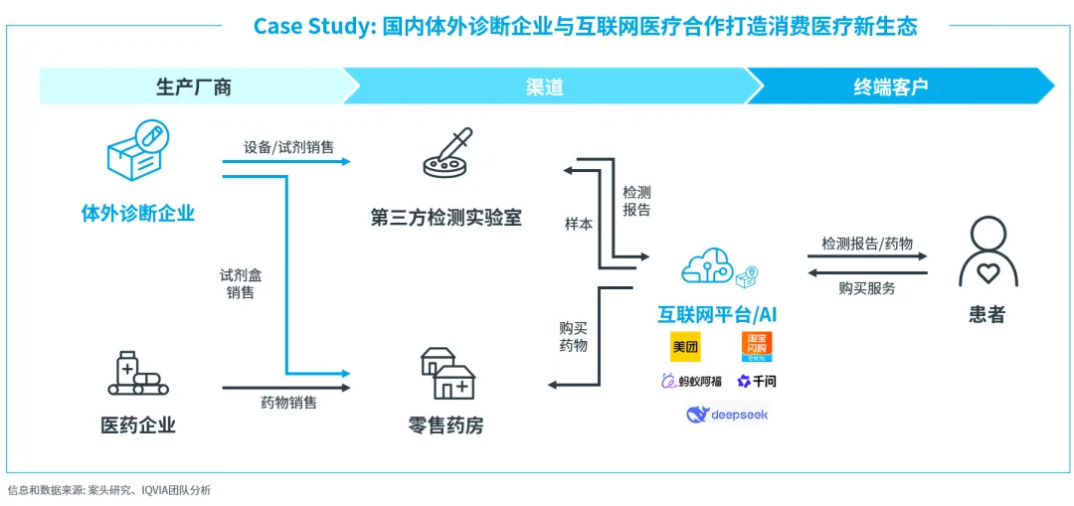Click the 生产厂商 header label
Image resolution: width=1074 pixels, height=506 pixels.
[x=194, y=86]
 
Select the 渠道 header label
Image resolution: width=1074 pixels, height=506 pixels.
[x=544, y=86]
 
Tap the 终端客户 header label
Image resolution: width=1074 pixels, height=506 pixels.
[x=890, y=86]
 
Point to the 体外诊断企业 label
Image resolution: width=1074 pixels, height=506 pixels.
[x=138, y=213]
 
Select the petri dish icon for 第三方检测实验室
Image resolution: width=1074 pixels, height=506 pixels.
[x=447, y=155]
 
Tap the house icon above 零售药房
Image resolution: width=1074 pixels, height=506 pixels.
[x=446, y=373]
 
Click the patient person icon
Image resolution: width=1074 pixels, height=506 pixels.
[x=987, y=253]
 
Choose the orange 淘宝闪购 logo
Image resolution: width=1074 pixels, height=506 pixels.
[x=756, y=346]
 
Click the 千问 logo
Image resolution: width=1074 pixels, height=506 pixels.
[x=757, y=381]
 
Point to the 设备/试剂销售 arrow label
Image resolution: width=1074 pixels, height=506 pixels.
[x=288, y=147]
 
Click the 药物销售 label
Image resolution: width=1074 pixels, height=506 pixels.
[x=288, y=403]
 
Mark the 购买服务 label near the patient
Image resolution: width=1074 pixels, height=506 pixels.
[x=866, y=288]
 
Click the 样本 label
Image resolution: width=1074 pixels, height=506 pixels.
[x=579, y=225]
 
